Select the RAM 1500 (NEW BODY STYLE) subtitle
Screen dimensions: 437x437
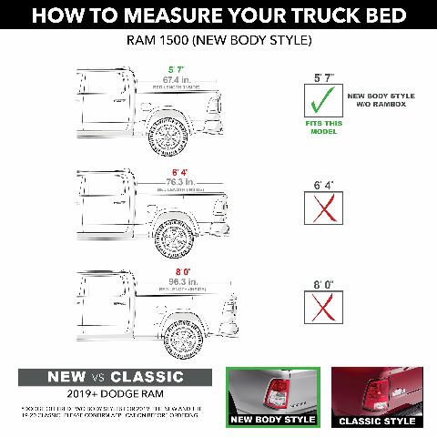coord(218,41)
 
